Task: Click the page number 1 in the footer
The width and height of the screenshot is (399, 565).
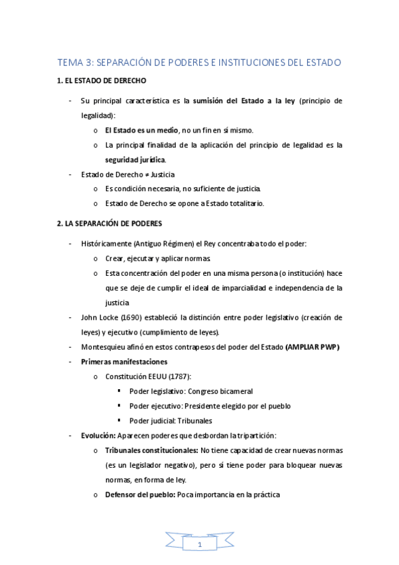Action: click(x=199, y=545)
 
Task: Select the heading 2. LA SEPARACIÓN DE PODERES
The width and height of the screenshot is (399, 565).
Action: click(x=109, y=223)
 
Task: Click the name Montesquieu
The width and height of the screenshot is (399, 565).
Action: click(x=103, y=346)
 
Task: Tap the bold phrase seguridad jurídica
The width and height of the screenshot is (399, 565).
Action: click(x=135, y=160)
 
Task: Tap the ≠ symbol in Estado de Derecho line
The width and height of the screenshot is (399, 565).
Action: click(x=146, y=175)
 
